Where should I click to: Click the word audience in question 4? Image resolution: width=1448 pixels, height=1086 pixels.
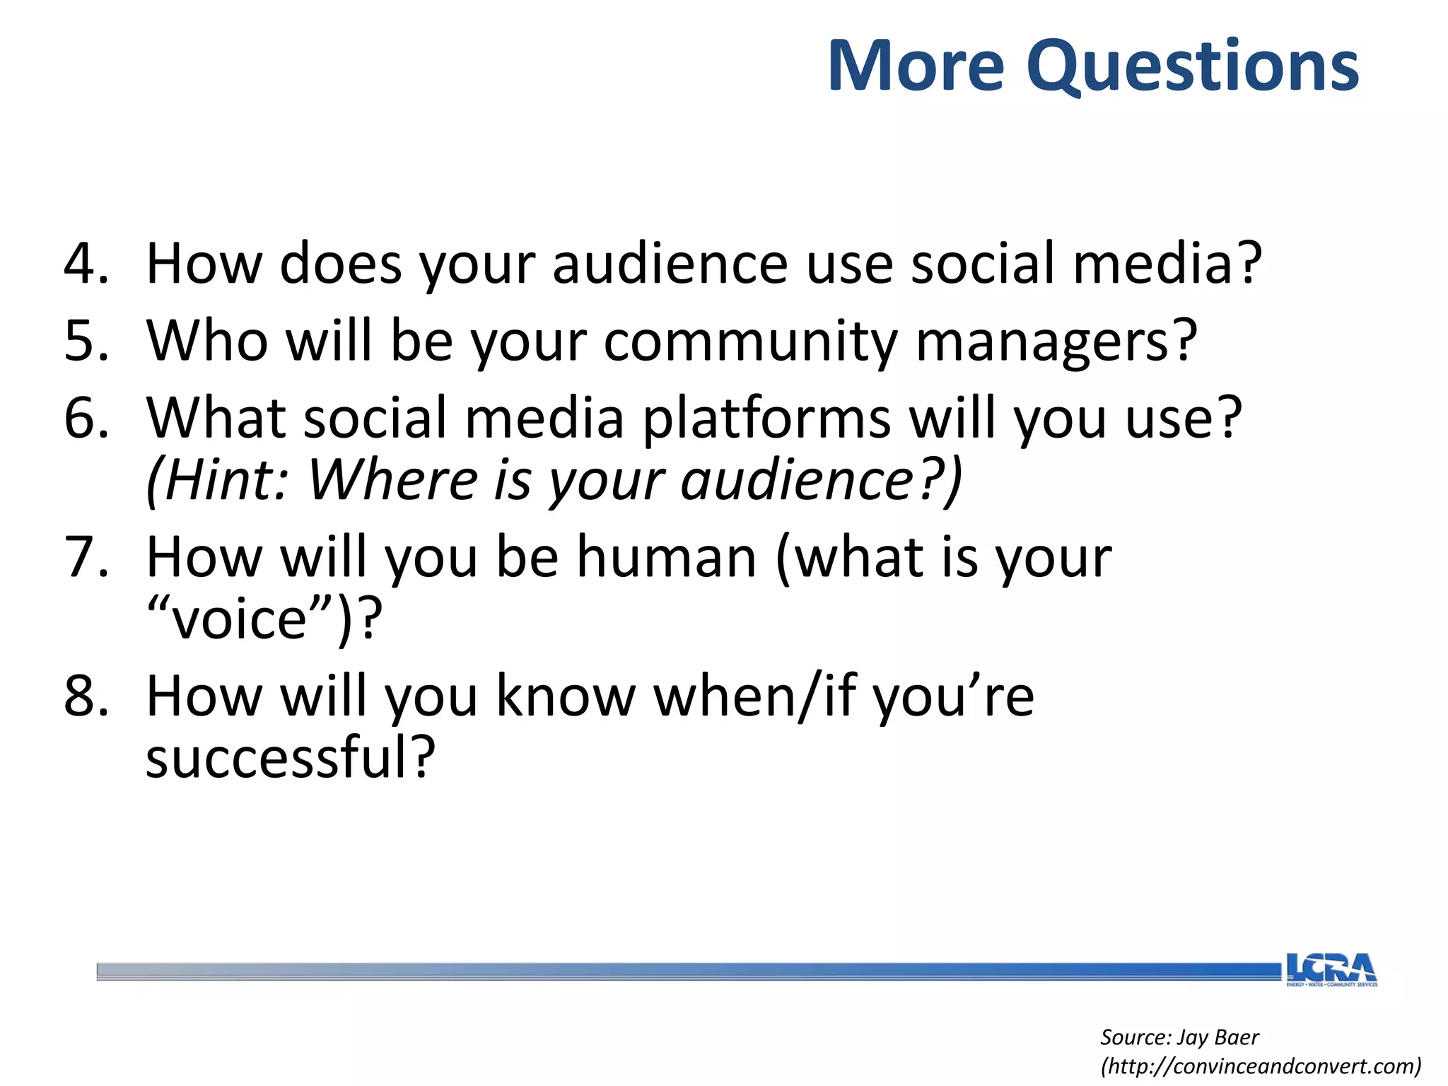[670, 264]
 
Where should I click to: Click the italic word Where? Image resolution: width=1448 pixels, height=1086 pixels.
[393, 481]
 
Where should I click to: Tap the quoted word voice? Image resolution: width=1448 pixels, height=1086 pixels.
[240, 620]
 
